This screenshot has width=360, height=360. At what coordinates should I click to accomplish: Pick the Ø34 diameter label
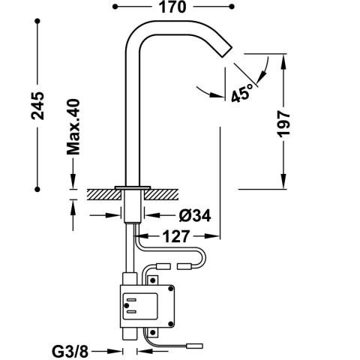tap(193, 216)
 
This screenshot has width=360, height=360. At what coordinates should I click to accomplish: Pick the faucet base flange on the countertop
tap(133, 185)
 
